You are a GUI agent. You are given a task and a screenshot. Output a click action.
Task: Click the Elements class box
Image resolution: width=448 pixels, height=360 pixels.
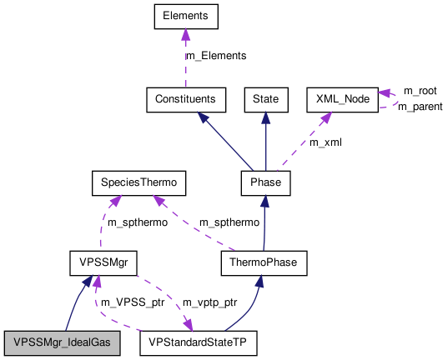coord(186,16)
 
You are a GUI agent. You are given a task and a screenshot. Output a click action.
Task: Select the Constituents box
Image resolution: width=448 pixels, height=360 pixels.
coord(185,99)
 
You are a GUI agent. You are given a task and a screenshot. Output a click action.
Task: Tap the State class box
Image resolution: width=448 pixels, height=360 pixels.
coord(264,99)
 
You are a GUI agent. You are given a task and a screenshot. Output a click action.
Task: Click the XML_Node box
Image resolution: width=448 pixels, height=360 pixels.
coord(342,99)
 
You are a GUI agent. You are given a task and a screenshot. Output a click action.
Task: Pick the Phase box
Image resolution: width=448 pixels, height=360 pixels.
coord(264,182)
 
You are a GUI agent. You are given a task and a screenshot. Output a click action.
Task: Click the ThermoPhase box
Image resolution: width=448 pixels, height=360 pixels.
coord(264,264)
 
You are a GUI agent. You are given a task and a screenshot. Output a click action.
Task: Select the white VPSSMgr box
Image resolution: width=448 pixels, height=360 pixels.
coord(98,264)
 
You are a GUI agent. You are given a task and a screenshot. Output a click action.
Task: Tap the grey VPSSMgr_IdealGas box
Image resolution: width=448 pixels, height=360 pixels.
coord(62,342)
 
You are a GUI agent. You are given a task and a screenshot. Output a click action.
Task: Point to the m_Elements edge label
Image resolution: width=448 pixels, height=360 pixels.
coord(215,56)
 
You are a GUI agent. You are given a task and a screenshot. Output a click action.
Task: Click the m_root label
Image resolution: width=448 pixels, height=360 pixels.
coord(420,90)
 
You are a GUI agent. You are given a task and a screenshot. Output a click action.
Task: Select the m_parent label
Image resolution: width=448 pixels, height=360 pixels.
coord(420,106)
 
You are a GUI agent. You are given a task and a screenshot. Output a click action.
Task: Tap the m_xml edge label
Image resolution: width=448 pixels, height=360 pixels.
coord(325,142)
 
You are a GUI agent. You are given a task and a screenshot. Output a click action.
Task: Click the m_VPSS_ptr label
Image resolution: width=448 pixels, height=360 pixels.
coord(131,301)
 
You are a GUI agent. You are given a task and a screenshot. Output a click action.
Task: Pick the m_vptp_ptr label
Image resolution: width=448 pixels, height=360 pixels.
coord(210,301)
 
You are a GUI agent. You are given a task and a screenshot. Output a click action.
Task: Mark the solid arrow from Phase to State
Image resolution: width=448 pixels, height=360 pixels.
coord(264,142)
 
